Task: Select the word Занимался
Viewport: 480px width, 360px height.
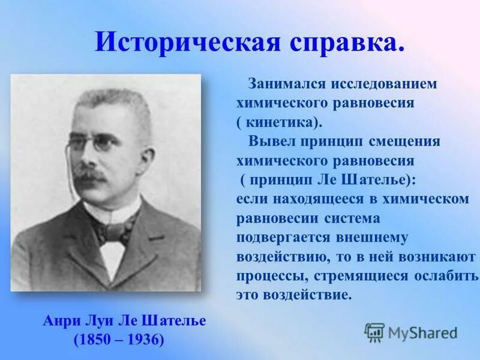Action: pyautogui.click(x=283, y=84)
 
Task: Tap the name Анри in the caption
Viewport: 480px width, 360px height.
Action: pyautogui.click(x=61, y=321)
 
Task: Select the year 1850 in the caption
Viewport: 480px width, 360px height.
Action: pyautogui.click(x=95, y=340)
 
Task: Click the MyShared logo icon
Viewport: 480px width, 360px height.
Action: pyautogui.click(x=374, y=331)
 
